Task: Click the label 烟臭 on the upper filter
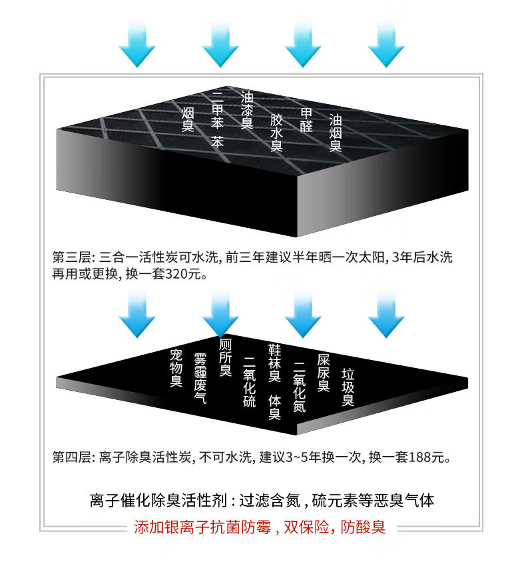click(x=188, y=117)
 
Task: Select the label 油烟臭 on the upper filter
click(x=336, y=132)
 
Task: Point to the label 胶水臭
click(x=276, y=133)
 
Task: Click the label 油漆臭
click(x=247, y=110)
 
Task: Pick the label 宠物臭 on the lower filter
click(x=176, y=368)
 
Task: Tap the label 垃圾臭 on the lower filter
click(x=348, y=387)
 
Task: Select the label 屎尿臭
click(x=323, y=373)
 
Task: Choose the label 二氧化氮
click(x=299, y=387)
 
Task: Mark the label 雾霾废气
click(x=200, y=379)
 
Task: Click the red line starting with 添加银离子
click(x=260, y=528)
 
